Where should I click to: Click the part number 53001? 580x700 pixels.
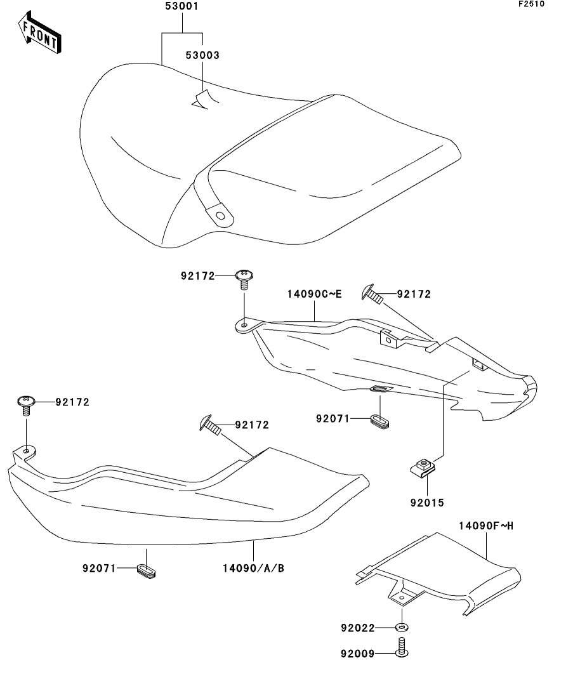tap(182, 8)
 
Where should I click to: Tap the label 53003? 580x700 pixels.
tap(202, 55)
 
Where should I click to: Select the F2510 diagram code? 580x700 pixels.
tap(531, 4)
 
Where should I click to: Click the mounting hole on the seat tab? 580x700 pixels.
tap(220, 216)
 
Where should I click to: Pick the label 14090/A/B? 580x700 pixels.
tap(253, 567)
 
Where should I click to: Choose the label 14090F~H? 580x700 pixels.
tap(486, 525)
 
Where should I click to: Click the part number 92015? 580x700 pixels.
tap(426, 503)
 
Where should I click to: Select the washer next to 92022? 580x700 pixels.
tap(402, 628)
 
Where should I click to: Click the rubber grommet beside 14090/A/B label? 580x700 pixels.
tap(146, 569)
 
